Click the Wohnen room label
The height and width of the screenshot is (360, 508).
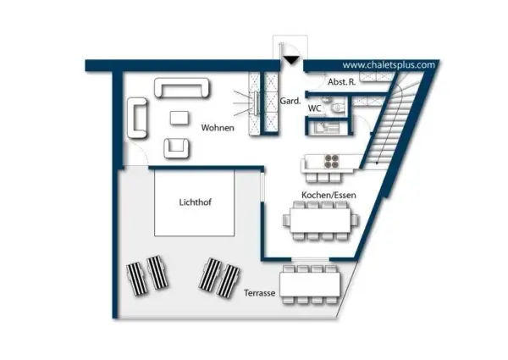(x=218, y=128)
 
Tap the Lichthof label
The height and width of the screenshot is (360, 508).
(x=195, y=202)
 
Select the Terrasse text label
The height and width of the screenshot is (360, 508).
(x=260, y=293)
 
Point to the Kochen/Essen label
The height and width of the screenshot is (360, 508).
(x=329, y=195)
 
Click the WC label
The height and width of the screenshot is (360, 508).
(x=314, y=108)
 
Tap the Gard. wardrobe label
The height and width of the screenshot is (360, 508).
(x=290, y=101)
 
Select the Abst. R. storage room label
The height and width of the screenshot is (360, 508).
(x=341, y=82)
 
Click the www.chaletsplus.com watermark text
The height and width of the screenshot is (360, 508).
(x=389, y=65)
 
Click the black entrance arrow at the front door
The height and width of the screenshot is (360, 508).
(x=291, y=60)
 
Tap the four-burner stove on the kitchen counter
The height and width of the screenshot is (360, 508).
(x=332, y=162)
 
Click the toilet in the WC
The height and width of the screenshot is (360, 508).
(x=338, y=107)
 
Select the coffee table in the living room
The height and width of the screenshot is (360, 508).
(x=179, y=118)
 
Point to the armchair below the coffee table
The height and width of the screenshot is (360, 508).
(x=176, y=148)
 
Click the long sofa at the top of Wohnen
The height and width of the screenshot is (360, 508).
(x=182, y=87)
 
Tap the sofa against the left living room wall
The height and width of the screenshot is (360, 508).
(x=137, y=118)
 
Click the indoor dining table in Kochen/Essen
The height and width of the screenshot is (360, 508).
(x=320, y=220)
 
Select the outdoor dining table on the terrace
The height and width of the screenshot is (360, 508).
(x=310, y=284)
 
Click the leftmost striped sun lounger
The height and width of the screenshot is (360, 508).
(x=136, y=279)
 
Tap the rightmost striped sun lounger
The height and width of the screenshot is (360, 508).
(x=229, y=280)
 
